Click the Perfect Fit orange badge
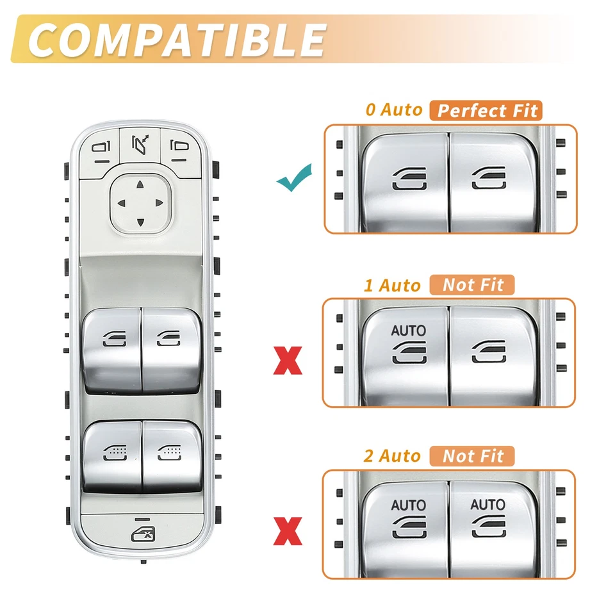486,110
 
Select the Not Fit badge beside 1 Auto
473,284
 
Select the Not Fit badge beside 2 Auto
473,456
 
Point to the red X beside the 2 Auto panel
288,532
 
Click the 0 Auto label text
394,110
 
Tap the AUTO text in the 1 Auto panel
408,331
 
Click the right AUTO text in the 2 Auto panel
488,504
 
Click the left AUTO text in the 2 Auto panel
408,505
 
